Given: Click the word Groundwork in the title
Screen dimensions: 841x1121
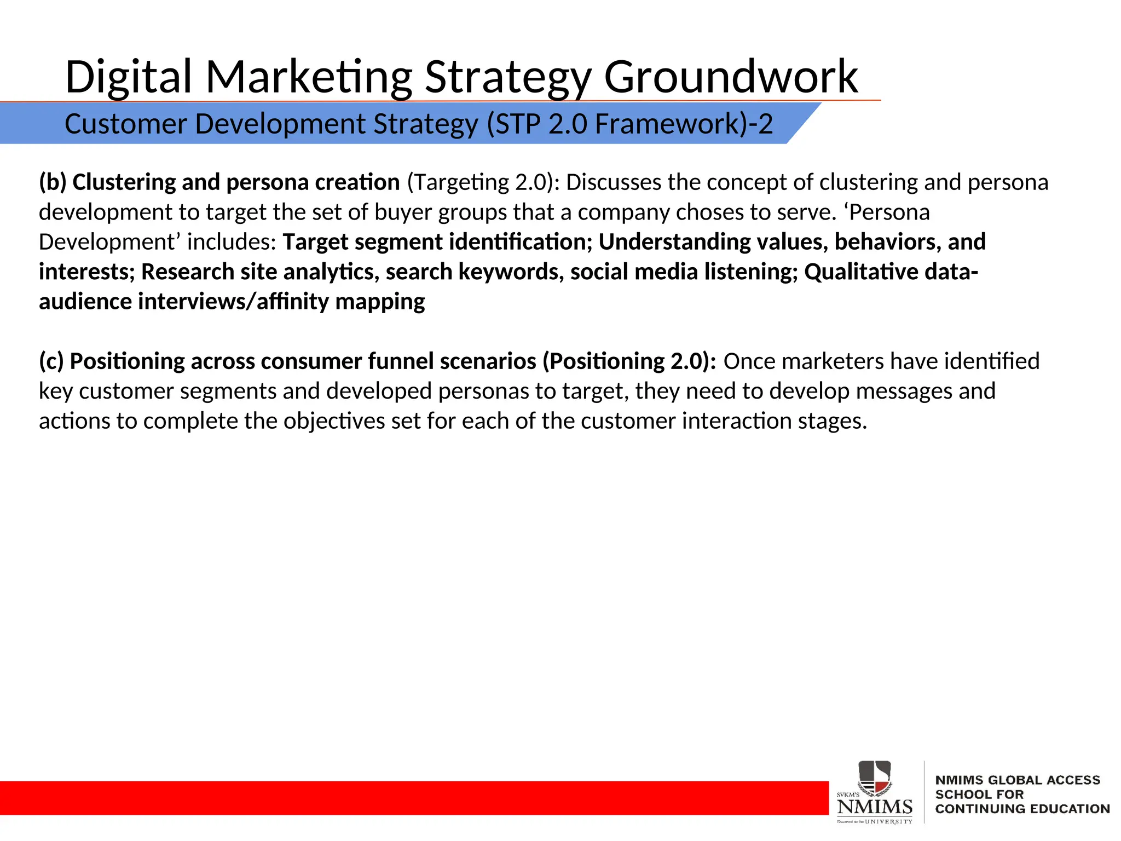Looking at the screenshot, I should (x=731, y=77).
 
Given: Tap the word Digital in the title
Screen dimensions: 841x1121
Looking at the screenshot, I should (x=128, y=77).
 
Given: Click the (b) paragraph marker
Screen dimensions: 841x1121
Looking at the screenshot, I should (x=52, y=182).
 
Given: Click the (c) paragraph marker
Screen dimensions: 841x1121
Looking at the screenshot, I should (x=51, y=361).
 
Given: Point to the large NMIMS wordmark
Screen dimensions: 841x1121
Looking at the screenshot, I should (x=874, y=807).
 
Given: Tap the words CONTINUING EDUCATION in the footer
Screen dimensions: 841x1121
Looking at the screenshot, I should (x=1022, y=809).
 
